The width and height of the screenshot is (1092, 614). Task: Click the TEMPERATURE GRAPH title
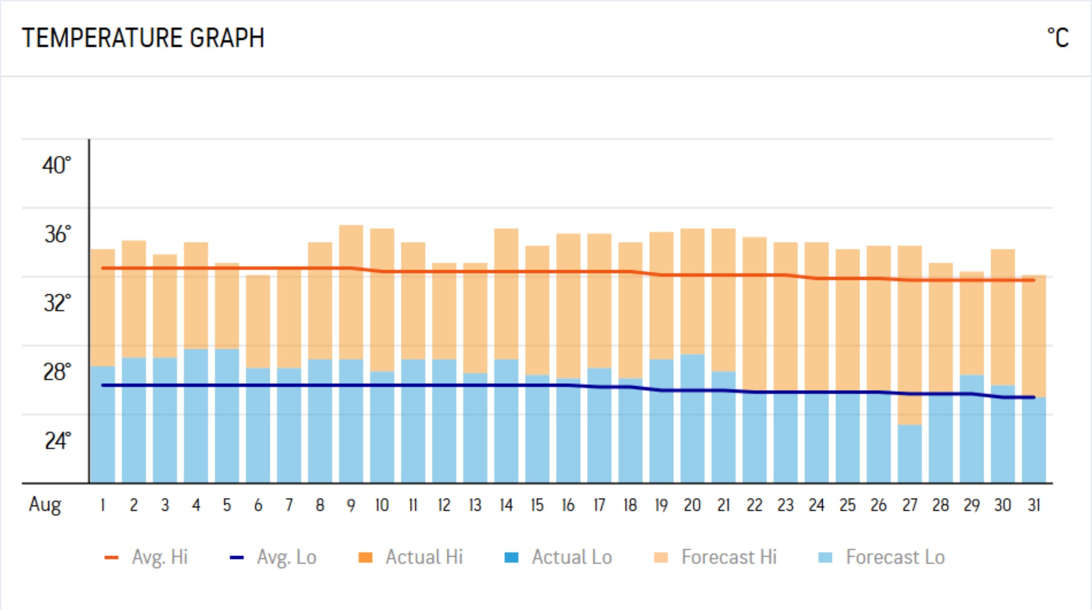pyautogui.click(x=143, y=38)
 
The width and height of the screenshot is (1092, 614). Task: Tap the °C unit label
pyautogui.click(x=1058, y=38)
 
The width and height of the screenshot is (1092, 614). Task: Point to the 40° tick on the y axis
pyautogui.click(x=56, y=165)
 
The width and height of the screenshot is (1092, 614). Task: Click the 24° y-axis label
pyautogui.click(x=57, y=441)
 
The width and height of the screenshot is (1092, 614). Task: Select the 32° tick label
pyautogui.click(x=57, y=303)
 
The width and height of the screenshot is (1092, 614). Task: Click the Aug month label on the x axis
pyautogui.click(x=45, y=504)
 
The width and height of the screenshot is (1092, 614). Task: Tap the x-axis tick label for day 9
pyautogui.click(x=351, y=505)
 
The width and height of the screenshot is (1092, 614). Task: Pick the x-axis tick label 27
pyautogui.click(x=910, y=505)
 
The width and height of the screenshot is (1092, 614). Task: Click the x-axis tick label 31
pyautogui.click(x=1033, y=505)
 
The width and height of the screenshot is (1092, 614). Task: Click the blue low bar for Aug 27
pyautogui.click(x=910, y=453)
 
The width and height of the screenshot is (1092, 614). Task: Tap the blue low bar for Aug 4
pyautogui.click(x=196, y=416)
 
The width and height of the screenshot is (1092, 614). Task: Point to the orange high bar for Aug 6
pyautogui.click(x=258, y=320)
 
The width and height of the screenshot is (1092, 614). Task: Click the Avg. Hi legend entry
pyautogui.click(x=147, y=557)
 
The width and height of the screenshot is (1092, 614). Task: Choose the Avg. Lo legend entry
pyautogui.click(x=273, y=557)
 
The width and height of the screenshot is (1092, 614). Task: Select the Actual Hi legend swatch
pyautogui.click(x=365, y=558)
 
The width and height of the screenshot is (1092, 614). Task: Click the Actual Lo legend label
pyautogui.click(x=572, y=557)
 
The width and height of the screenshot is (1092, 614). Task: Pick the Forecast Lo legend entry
pyautogui.click(x=881, y=557)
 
